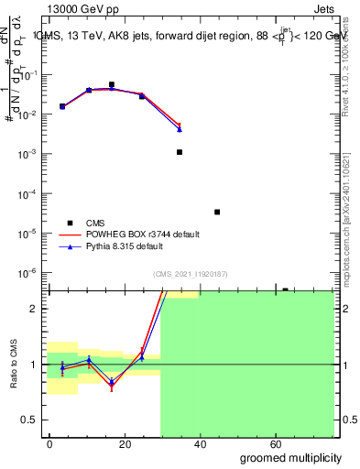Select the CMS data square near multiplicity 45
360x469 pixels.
[217, 212]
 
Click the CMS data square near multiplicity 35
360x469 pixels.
[180, 152]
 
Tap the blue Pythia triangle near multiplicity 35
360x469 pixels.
[180, 129]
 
